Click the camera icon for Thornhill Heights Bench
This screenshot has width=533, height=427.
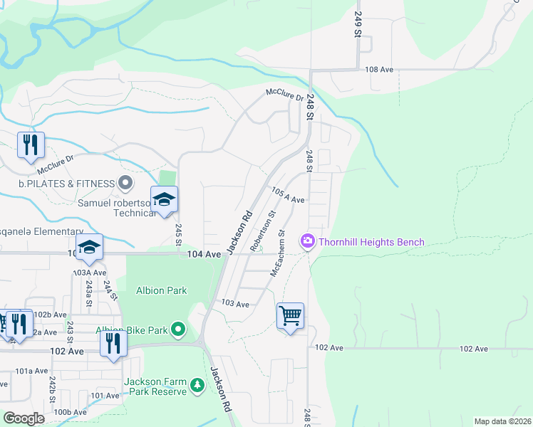click(308, 242)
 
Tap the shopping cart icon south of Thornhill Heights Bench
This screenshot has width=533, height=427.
click(290, 315)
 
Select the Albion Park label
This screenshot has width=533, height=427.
click(161, 290)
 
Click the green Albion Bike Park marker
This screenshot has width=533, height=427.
click(178, 330)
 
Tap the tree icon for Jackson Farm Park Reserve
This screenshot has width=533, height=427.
click(197, 386)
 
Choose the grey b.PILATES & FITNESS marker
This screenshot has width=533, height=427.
click(125, 184)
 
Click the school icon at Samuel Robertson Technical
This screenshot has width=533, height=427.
click(163, 199)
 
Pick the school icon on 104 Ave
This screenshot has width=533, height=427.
click(90, 247)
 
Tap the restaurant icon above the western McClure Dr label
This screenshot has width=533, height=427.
click(31, 144)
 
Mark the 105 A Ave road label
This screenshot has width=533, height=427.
click(289, 196)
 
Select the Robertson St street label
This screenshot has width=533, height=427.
click(263, 226)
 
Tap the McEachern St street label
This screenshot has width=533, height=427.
click(277, 253)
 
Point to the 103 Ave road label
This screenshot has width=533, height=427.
click(235, 304)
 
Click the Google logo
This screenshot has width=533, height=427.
click(24, 418)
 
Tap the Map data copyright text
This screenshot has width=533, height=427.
click(502, 421)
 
